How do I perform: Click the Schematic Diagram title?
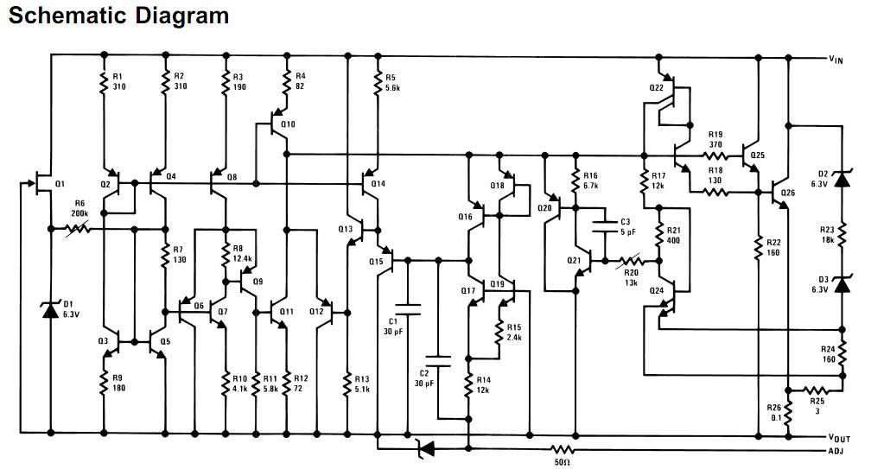click(x=118, y=16)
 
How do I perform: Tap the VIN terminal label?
click(x=836, y=60)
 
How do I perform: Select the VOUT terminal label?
click(x=839, y=439)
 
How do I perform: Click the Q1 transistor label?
click(x=60, y=184)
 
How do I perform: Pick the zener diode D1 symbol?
click(x=51, y=309)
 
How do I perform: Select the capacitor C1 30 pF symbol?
click(x=406, y=309)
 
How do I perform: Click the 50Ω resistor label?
click(x=563, y=462)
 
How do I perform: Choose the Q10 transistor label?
click(x=289, y=124)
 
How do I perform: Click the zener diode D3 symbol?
click(x=842, y=282)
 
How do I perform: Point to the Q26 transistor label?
click(x=787, y=193)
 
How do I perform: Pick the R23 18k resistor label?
click(x=827, y=233)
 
